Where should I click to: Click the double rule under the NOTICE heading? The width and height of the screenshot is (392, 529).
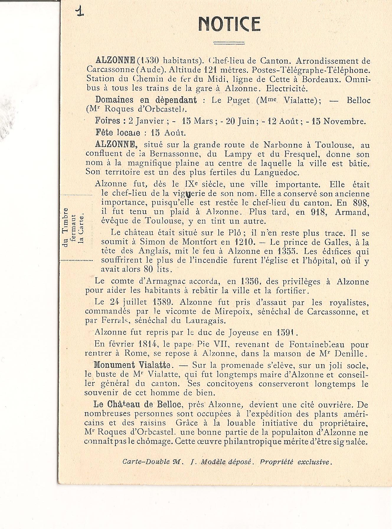tap(229, 43)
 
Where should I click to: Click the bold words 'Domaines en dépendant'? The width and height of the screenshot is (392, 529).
tap(146, 100)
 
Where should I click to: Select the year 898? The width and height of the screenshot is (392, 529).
tap(361, 203)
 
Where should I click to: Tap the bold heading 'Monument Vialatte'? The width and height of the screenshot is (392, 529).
tap(132, 365)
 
